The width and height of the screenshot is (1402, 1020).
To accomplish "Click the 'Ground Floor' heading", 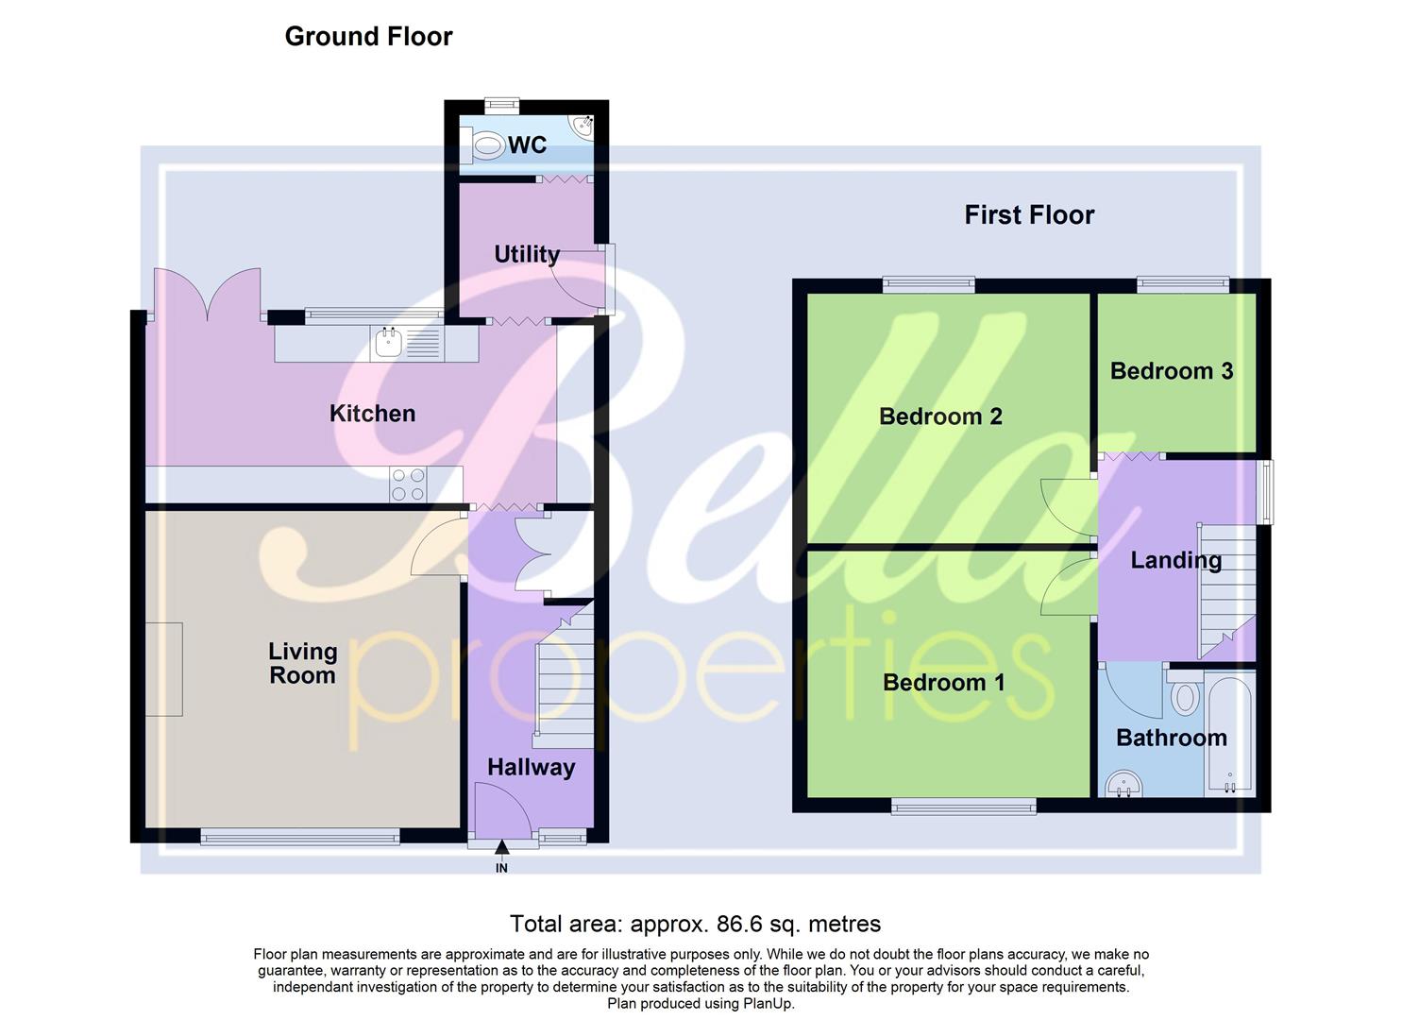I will (x=368, y=37).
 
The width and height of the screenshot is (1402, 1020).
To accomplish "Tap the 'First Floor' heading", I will (x=1029, y=215).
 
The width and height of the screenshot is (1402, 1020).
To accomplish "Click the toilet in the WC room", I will (x=487, y=145).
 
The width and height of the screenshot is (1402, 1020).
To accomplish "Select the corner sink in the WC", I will (x=582, y=127).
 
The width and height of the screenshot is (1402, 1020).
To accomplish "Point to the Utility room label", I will (x=527, y=254).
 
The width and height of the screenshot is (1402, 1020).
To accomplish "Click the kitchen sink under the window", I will (x=388, y=342).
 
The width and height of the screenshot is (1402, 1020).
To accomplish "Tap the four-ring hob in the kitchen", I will (x=408, y=484).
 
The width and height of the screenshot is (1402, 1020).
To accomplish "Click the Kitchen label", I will (x=372, y=414).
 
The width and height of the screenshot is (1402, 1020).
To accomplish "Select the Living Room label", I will (x=302, y=663).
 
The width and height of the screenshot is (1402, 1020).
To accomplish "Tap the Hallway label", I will (x=531, y=767).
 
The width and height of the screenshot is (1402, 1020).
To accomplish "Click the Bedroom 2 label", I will (x=940, y=416).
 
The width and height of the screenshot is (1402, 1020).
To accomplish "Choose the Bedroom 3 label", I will (x=1172, y=371).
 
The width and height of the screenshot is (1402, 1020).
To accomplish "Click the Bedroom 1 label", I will (x=943, y=682).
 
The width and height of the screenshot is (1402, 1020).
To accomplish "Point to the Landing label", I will (x=1176, y=560).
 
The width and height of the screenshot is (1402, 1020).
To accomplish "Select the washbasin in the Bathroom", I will (x=1123, y=783).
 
